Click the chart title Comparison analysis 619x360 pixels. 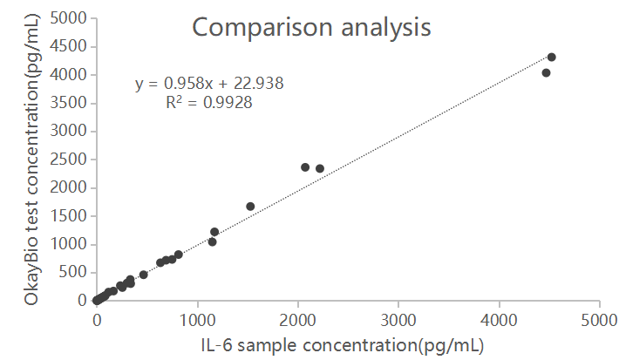coord(311,27)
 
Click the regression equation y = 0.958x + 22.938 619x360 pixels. coord(209,84)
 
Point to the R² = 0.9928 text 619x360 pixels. coord(209,103)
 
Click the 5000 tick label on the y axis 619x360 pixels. coord(69,18)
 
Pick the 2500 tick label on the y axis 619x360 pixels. coord(69,160)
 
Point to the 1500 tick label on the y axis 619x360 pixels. coord(69,216)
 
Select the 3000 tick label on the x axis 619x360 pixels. coord(398,320)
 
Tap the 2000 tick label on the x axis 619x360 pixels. coord(297,320)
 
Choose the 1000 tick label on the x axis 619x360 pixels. coord(197,320)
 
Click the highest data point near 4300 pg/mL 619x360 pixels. coord(551,58)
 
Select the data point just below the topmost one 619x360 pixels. coord(546,73)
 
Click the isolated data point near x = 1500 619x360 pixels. coord(250,207)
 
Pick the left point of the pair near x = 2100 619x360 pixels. coord(305,167)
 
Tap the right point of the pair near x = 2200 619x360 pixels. coord(320,169)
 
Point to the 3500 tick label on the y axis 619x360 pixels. coord(69,103)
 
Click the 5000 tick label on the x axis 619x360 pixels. coord(599,320)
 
